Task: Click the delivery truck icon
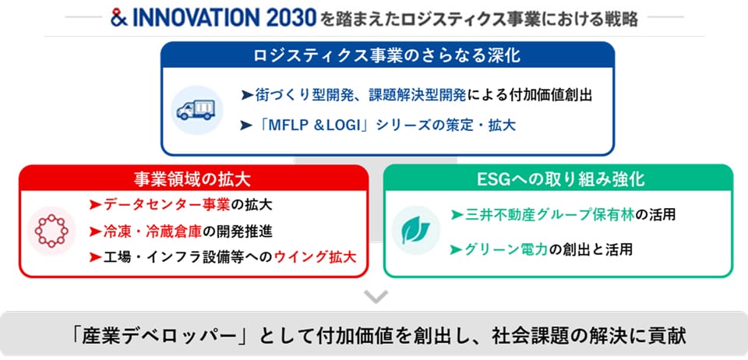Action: click(x=196, y=110)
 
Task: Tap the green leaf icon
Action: click(x=415, y=231)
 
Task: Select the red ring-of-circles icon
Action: click(x=51, y=231)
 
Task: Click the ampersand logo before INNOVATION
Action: click(x=118, y=18)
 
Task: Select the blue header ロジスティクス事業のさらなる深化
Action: click(x=387, y=56)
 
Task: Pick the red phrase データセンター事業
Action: click(x=167, y=205)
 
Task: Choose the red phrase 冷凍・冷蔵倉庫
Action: click(x=153, y=231)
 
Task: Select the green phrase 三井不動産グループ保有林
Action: click(x=549, y=215)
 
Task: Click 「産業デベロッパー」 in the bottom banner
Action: click(x=161, y=336)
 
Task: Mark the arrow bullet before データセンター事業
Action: click(x=95, y=206)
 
